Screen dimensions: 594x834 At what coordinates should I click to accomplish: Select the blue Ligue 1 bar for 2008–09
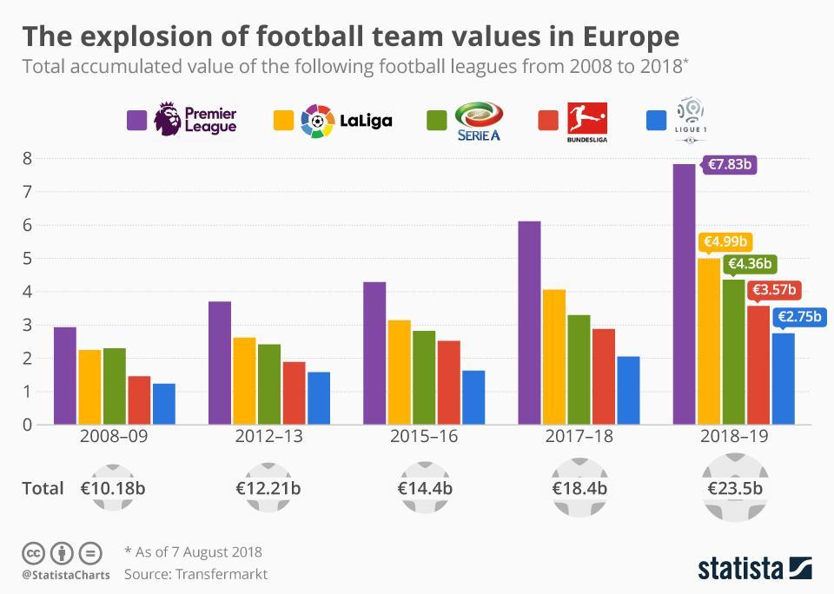pyautogui.click(x=164, y=404)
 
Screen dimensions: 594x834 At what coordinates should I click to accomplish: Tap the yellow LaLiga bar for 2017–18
pyautogui.click(x=554, y=357)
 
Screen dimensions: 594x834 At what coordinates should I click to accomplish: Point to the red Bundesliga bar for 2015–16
pyautogui.click(x=448, y=382)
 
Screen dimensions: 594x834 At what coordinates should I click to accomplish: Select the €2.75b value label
pyautogui.click(x=798, y=318)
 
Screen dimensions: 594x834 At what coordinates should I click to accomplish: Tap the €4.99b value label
pyautogui.click(x=725, y=242)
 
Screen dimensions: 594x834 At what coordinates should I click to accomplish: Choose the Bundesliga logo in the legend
pyautogui.click(x=586, y=119)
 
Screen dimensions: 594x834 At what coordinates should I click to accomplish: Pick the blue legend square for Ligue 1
pyautogui.click(x=658, y=119)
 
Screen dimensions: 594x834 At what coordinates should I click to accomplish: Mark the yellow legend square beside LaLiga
pyautogui.click(x=283, y=119)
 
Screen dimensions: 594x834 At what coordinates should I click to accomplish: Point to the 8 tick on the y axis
pyautogui.click(x=28, y=158)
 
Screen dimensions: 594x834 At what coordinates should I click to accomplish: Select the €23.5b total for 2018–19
pyautogui.click(x=734, y=487)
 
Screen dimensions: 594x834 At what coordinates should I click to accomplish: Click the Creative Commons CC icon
pyautogui.click(x=33, y=552)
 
